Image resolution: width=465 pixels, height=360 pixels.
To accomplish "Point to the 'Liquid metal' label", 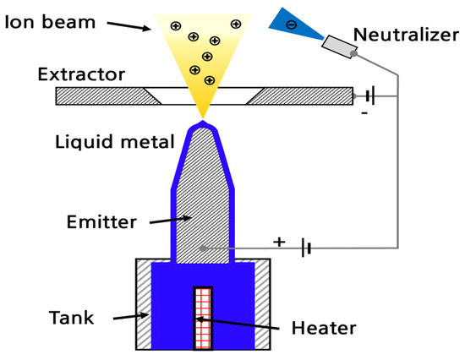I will click(x=102, y=139).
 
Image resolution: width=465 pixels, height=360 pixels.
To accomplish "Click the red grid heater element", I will click(x=202, y=317).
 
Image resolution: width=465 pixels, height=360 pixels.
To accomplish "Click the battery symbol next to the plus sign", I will click(x=308, y=248).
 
